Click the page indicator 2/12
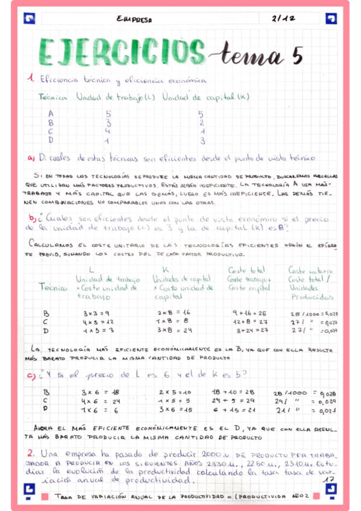pyautogui.click(x=283, y=19)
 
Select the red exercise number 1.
pyautogui.click(x=31, y=78)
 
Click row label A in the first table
pyautogui.click(x=51, y=113)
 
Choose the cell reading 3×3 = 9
pyautogui.click(x=95, y=313)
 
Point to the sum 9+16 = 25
pyautogui.click(x=249, y=313)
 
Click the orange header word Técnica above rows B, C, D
pyautogui.click(x=52, y=287)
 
